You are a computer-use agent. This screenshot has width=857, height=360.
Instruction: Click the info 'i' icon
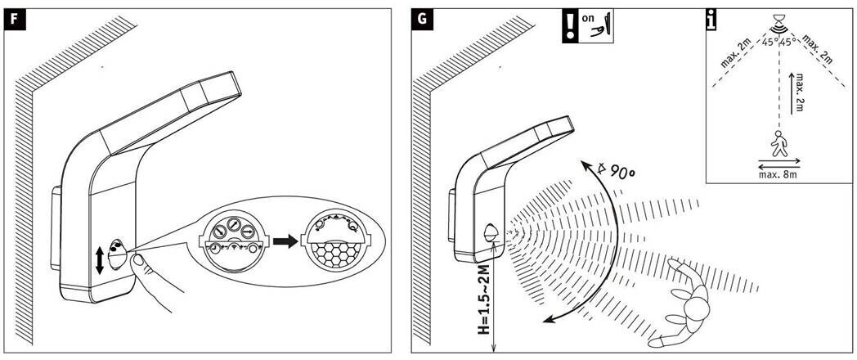pyautogui.click(x=713, y=19)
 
